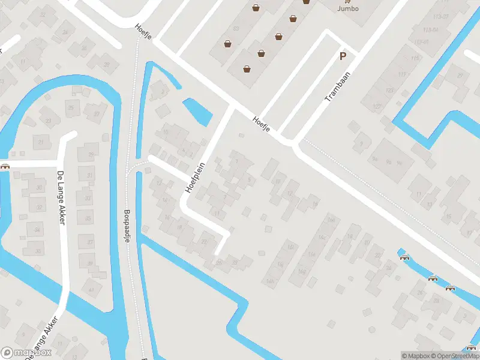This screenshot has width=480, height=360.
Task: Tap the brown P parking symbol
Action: (x=343, y=57)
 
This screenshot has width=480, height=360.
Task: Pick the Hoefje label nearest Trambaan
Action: (x=262, y=124)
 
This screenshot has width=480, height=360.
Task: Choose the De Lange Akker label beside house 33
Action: (x=61, y=198)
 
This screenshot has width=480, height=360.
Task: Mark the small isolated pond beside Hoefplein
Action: (x=197, y=111)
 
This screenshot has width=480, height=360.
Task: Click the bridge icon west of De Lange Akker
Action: (x=5, y=167)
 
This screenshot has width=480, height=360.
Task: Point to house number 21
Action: (x=41, y=142)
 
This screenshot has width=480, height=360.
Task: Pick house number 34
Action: (x=37, y=230)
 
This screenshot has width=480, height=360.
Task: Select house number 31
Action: (x=89, y=176)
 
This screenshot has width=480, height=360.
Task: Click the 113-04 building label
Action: (x=430, y=29)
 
